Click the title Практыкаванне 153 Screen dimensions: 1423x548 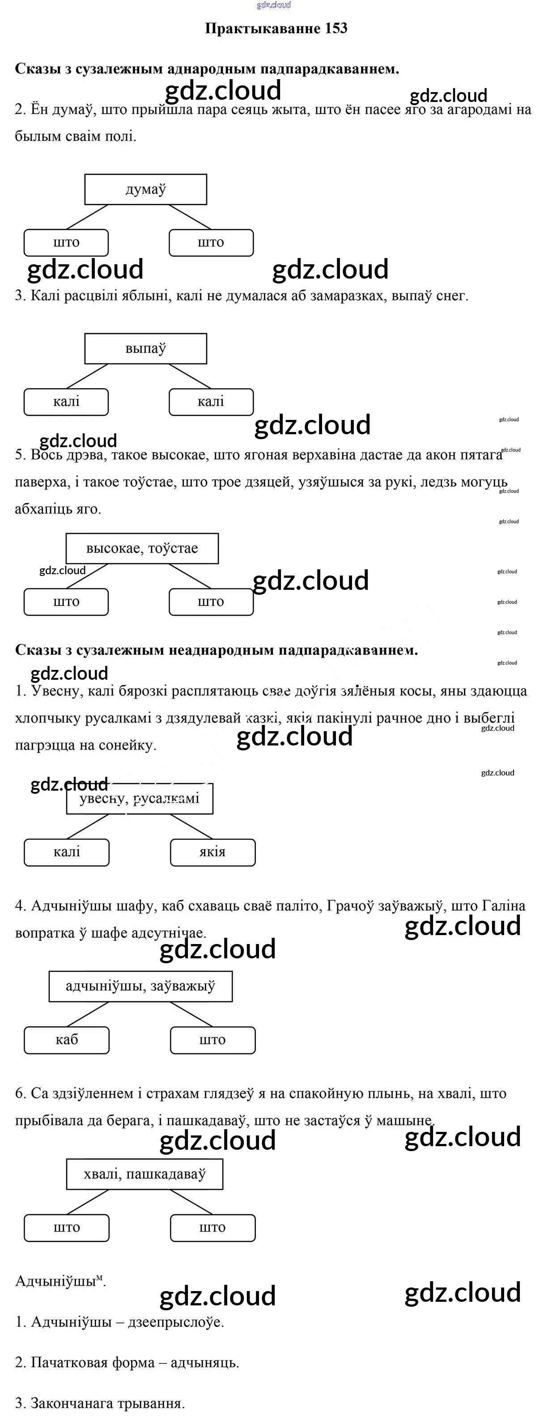point(276,28)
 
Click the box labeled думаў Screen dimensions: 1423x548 point(145,190)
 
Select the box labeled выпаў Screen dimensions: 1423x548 point(145,348)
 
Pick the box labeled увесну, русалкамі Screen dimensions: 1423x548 point(140,799)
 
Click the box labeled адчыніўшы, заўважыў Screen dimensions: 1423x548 point(140,986)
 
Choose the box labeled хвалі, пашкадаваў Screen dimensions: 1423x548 point(145,1174)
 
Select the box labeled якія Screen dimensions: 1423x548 point(212,852)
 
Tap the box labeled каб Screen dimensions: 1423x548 point(66,1040)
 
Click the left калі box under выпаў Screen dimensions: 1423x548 point(66,402)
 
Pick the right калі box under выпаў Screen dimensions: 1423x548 point(211,402)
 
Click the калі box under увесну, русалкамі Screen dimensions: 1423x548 point(66,852)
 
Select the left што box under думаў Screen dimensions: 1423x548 point(66,242)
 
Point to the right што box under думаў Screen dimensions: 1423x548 point(211,242)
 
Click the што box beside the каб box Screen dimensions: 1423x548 point(212,1040)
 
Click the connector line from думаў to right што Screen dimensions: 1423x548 point(190,216)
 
